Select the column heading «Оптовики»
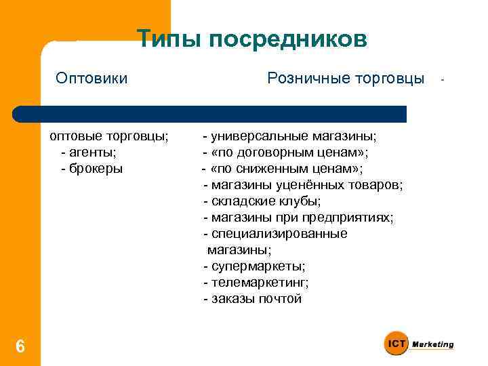coord(91,79)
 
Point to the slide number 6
coord(20,347)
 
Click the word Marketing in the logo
coord(433,344)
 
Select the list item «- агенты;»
coord(88,152)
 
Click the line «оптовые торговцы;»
coord(108,136)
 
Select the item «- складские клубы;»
coord(262,201)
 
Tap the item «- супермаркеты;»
coord(254,266)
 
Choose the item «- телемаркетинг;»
coord(256,283)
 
